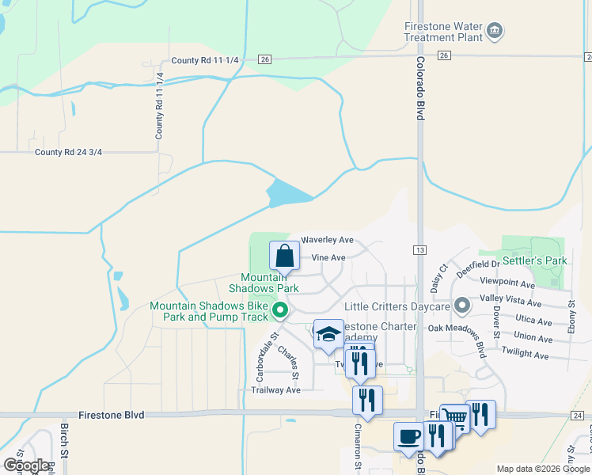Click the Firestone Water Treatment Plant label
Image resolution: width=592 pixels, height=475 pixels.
(442, 32)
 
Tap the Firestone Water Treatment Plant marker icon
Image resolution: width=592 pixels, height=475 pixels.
(495, 32)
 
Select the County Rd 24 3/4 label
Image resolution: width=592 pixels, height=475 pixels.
(70, 153)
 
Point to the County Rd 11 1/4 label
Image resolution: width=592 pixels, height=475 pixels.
(160, 106)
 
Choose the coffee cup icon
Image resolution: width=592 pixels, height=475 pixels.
(409, 437)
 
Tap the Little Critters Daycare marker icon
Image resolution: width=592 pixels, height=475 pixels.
(459, 306)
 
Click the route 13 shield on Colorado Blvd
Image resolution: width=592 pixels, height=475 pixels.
(419, 250)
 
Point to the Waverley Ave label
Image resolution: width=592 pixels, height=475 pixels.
(327, 240)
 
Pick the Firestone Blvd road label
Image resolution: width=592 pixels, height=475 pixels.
(112, 415)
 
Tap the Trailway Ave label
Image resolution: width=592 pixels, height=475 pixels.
(275, 389)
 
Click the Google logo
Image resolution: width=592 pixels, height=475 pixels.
(27, 465)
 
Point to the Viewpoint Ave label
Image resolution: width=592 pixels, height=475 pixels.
(508, 283)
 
